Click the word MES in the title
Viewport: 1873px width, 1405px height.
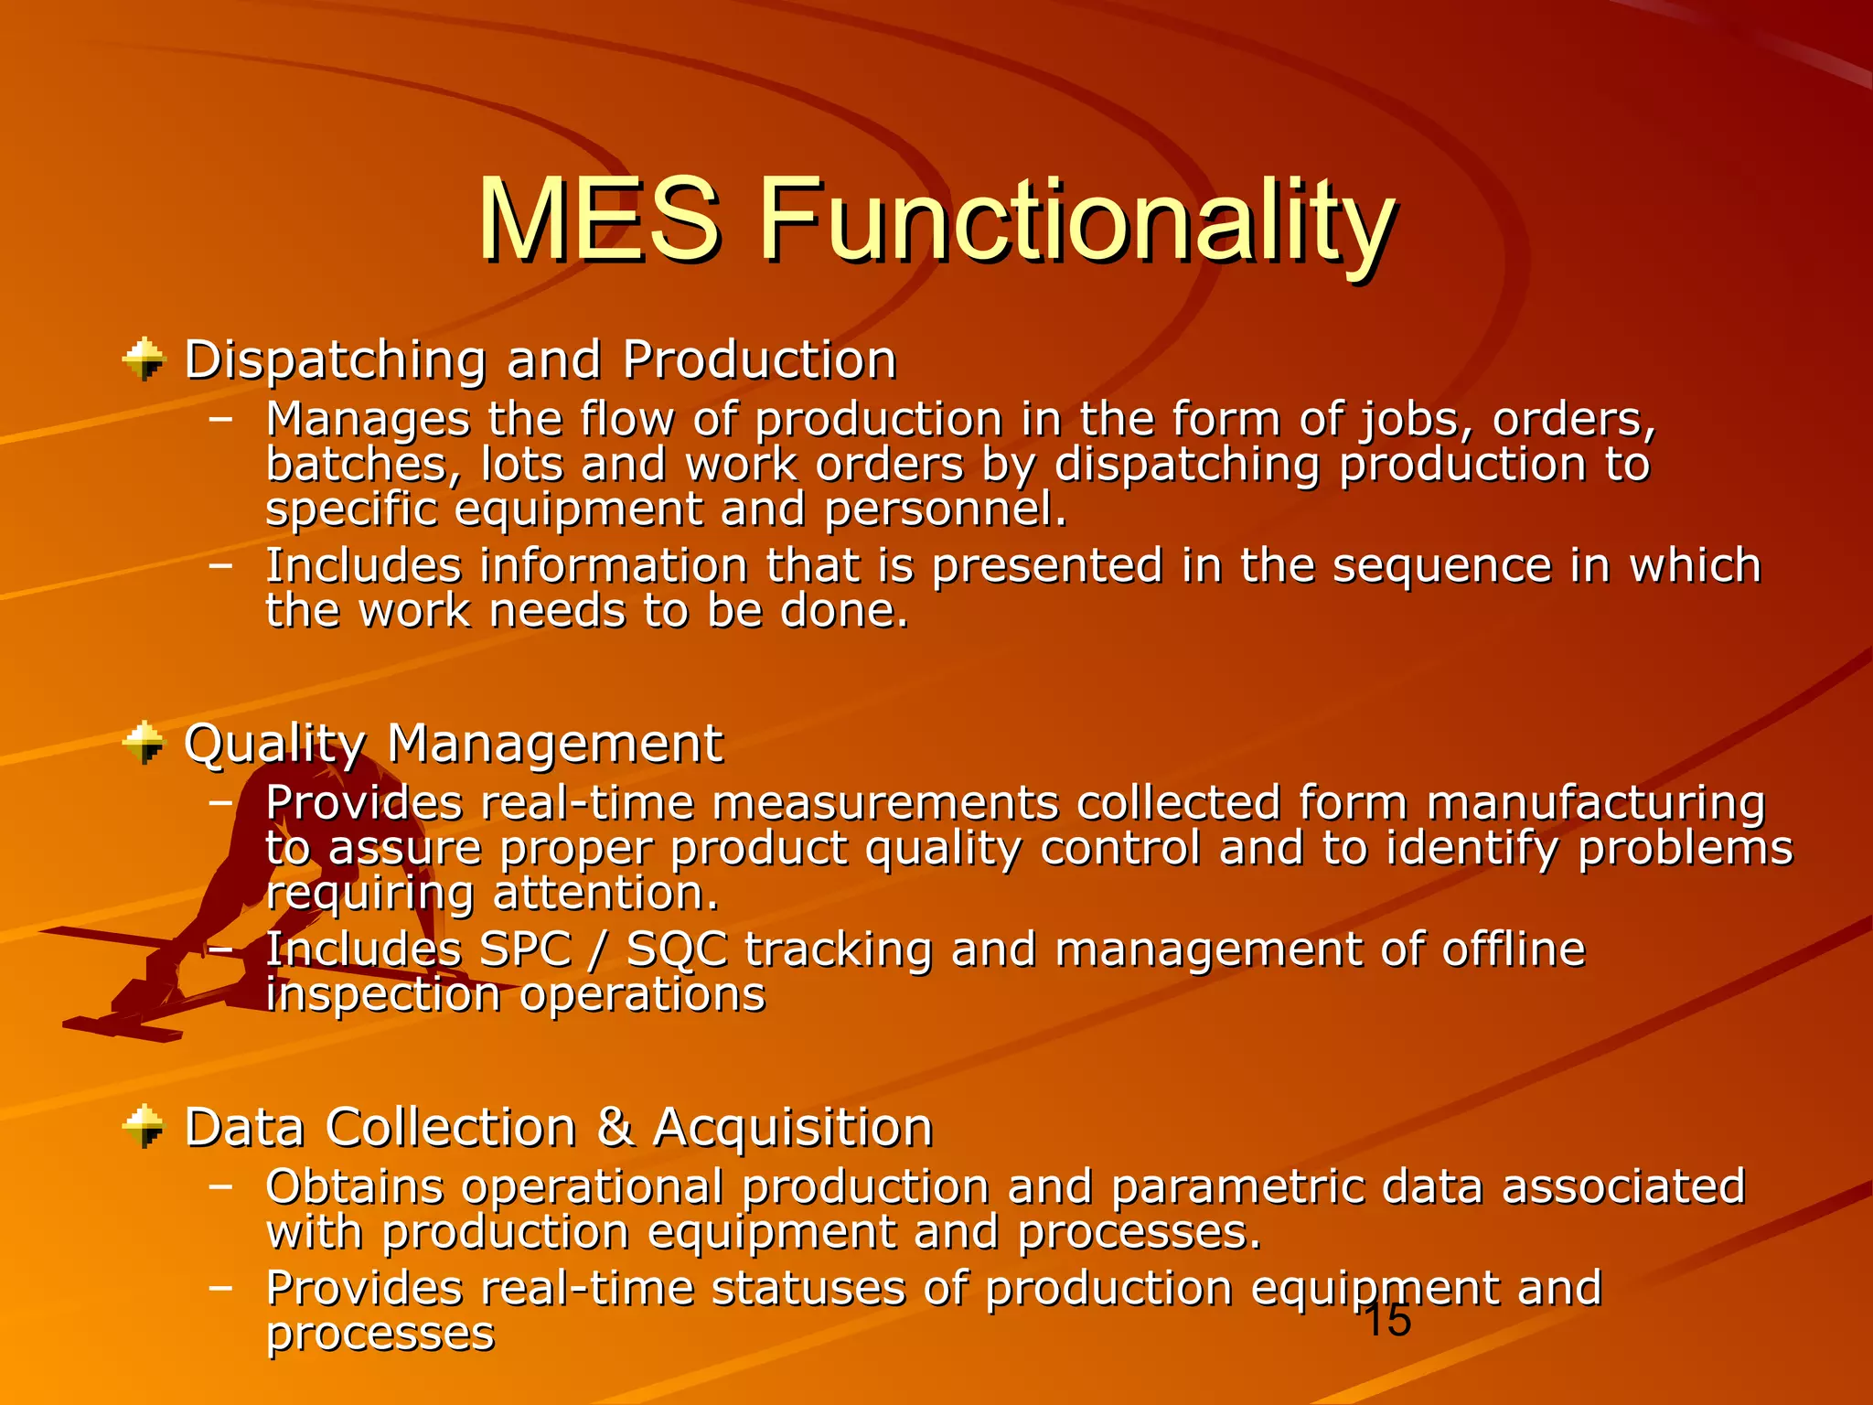599,220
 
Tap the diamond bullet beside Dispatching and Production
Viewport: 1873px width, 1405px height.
144,359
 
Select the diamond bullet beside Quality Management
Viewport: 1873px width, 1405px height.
144,742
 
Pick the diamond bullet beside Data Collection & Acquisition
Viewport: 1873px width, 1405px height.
144,1126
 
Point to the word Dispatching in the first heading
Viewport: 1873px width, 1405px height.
335,360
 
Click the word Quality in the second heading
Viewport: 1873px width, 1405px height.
274,744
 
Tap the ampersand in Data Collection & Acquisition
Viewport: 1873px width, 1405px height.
615,1127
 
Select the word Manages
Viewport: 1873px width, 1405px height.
367,420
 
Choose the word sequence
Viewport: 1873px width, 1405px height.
1441,565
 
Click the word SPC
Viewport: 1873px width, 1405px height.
525,949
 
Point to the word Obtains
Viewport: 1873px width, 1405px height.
354,1187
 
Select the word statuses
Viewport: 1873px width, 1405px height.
808,1289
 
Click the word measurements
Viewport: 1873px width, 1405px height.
884,804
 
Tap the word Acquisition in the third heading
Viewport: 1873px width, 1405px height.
792,1127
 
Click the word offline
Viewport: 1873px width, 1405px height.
1514,949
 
